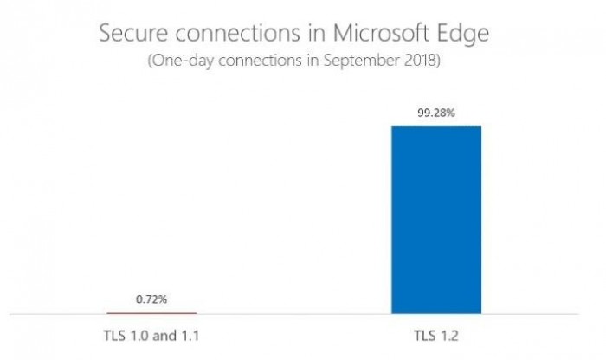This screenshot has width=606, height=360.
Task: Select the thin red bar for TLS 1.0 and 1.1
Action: tap(151, 312)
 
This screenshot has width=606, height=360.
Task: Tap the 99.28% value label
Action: tap(435, 112)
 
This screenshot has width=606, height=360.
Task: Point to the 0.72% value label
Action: tap(151, 299)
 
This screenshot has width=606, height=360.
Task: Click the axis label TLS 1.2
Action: tap(437, 334)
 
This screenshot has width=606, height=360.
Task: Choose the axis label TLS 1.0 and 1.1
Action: tap(151, 334)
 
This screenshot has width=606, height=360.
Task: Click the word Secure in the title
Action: tap(128, 35)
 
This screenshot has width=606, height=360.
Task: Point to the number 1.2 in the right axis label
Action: tap(448, 334)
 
